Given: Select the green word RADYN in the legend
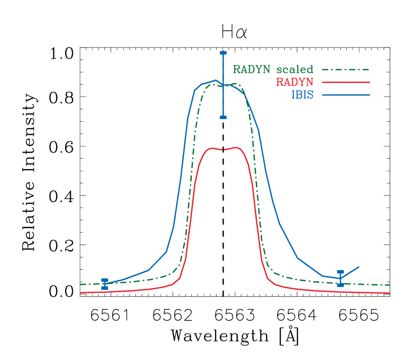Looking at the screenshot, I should [252, 69].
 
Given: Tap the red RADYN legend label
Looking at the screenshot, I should [295, 82].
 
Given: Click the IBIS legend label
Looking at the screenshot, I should [302, 95].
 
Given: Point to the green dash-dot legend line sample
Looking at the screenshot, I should [346, 69].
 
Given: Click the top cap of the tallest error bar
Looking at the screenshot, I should [223, 53].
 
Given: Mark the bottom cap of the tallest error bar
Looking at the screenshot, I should [223, 117].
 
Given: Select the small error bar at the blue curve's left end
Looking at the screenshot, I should [104, 284].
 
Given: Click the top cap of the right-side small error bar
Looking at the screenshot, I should [340, 272].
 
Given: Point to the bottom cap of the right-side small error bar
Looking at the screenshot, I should [340, 285].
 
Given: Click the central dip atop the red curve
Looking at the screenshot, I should [223, 149].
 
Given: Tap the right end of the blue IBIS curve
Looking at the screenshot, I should [359, 266].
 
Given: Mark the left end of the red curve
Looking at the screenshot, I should [81, 292].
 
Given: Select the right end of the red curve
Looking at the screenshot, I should [390, 293].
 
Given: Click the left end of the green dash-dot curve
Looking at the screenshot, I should [81, 284].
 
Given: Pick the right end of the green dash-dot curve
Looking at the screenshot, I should [390, 285].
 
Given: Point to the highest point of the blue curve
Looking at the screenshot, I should [216, 80].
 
